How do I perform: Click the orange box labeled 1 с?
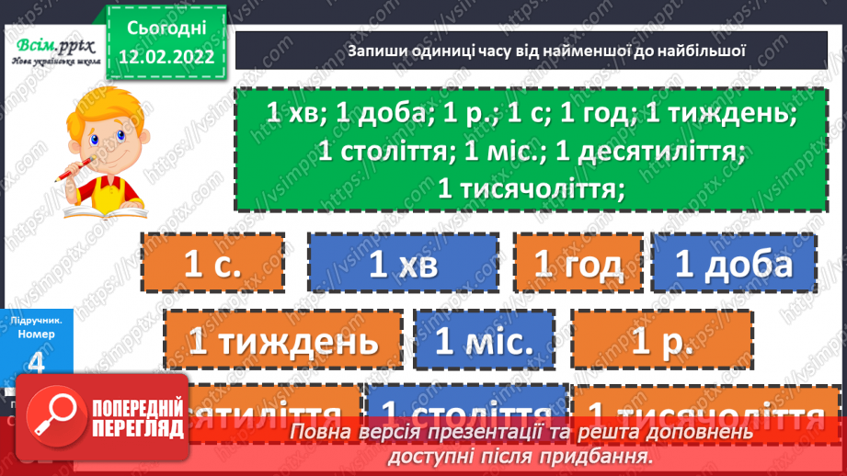(x=213, y=266)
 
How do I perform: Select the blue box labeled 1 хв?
(x=403, y=266)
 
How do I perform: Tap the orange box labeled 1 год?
(x=578, y=266)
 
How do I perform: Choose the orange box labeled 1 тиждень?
(x=283, y=343)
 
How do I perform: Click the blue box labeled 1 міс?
(x=485, y=343)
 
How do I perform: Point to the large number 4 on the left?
(x=36, y=361)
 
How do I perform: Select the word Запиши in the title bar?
(x=376, y=51)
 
